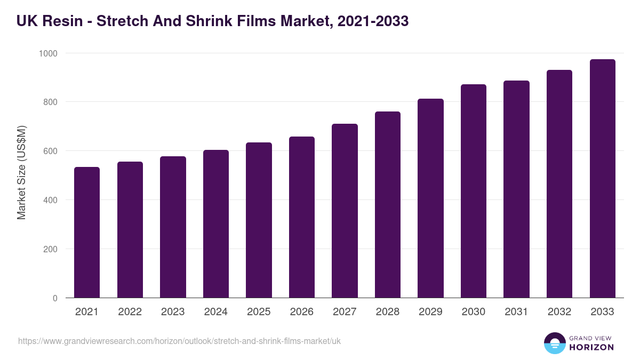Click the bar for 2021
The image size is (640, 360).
(87, 233)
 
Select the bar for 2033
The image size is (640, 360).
(602, 179)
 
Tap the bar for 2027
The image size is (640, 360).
(345, 211)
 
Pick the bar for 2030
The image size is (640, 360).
(474, 191)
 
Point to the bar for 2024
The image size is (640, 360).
(216, 224)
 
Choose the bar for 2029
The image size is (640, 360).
(430, 198)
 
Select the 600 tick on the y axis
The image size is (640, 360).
(51, 151)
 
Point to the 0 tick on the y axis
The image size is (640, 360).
(55, 298)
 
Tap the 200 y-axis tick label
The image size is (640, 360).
(51, 249)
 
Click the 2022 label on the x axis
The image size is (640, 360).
(130, 312)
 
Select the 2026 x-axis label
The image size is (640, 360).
(302, 312)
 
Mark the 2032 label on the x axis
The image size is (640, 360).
(559, 312)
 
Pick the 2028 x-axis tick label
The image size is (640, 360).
(388, 312)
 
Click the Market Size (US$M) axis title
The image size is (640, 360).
(21, 172)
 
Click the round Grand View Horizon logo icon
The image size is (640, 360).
(554, 343)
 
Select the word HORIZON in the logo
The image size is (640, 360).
(591, 347)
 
